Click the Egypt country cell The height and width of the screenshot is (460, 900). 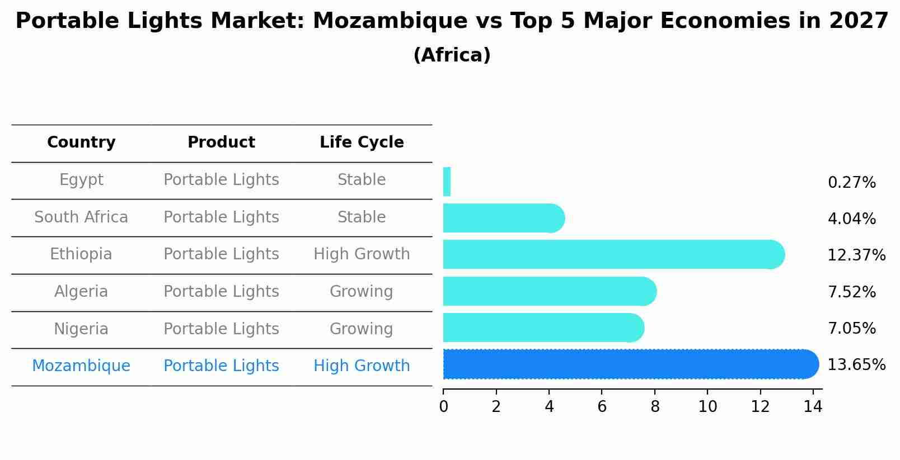[x=81, y=180]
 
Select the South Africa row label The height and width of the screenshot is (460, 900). [x=81, y=217]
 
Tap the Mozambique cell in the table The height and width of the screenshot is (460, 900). [x=81, y=366]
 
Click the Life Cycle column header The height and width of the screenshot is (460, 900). [x=362, y=143]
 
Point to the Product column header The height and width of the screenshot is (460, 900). [x=221, y=143]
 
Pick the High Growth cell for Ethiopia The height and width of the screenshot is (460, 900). [x=362, y=254]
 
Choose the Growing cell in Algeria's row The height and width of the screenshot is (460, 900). [x=362, y=292]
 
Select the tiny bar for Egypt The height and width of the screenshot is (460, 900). [x=447, y=182]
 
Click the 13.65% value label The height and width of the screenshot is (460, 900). [x=856, y=365]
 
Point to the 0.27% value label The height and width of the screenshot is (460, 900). [x=851, y=183]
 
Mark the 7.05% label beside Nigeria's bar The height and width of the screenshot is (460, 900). [x=851, y=329]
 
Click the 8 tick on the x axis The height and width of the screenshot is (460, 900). [x=655, y=407]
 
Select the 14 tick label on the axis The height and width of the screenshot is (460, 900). [x=813, y=407]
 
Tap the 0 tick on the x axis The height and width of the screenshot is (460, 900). [x=443, y=407]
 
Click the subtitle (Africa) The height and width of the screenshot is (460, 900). [x=452, y=55]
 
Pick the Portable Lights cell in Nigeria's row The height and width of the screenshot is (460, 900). [x=221, y=329]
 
